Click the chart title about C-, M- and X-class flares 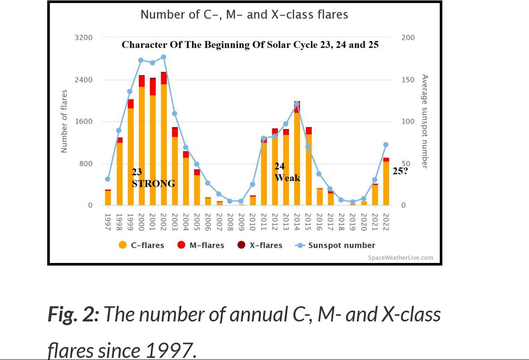[244, 15]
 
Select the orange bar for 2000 [142, 147]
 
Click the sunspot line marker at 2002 [163, 57]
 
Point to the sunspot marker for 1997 [107, 179]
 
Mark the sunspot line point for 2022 [386, 145]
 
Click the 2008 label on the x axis [230, 221]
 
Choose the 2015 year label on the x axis [308, 221]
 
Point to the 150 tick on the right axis [408, 80]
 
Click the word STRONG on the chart [153, 184]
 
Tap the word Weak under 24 [287, 178]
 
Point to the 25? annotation [399, 171]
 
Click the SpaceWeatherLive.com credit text [400, 258]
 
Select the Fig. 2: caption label [73, 314]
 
